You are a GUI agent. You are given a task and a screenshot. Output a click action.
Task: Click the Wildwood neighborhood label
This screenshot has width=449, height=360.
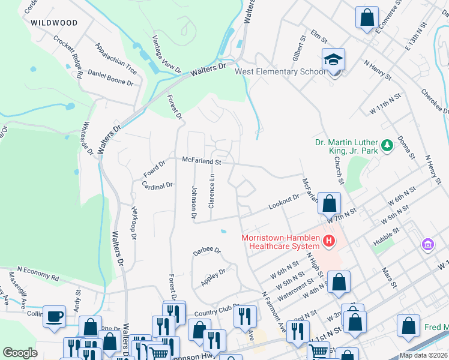pos(53,23)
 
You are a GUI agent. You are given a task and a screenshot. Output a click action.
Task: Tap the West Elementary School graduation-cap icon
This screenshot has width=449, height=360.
pos(333,60)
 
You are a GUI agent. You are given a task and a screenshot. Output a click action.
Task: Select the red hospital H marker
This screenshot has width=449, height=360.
pos(328,242)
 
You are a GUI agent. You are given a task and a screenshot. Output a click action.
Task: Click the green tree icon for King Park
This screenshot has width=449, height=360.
pos(387,144)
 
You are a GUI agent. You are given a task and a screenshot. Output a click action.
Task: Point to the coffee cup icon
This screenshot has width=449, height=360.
pos(55,316)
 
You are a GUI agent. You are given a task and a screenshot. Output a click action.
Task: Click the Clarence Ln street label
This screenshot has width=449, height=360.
pos(211,191)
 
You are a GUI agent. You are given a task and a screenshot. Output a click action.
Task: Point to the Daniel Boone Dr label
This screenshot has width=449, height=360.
pos(110,78)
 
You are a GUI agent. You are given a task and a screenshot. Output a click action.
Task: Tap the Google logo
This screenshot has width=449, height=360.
pos(20,353)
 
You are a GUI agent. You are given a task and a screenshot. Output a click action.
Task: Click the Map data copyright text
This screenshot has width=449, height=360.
pos(423,355)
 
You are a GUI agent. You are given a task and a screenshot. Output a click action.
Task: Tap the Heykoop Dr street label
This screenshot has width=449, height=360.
pos(134,222)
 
